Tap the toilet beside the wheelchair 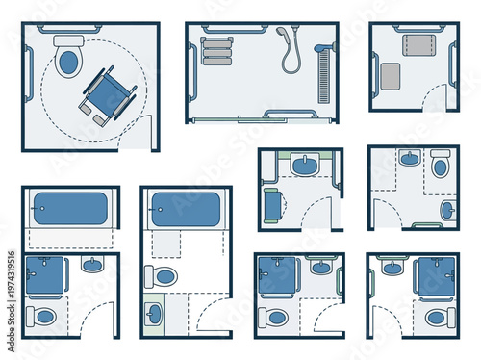coord(68,60)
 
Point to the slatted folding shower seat coord(217,47)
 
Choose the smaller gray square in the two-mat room coord(392,76)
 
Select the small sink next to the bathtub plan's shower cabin coord(92,265)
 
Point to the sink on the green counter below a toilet coord(155,314)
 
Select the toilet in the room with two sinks coord(440,165)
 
